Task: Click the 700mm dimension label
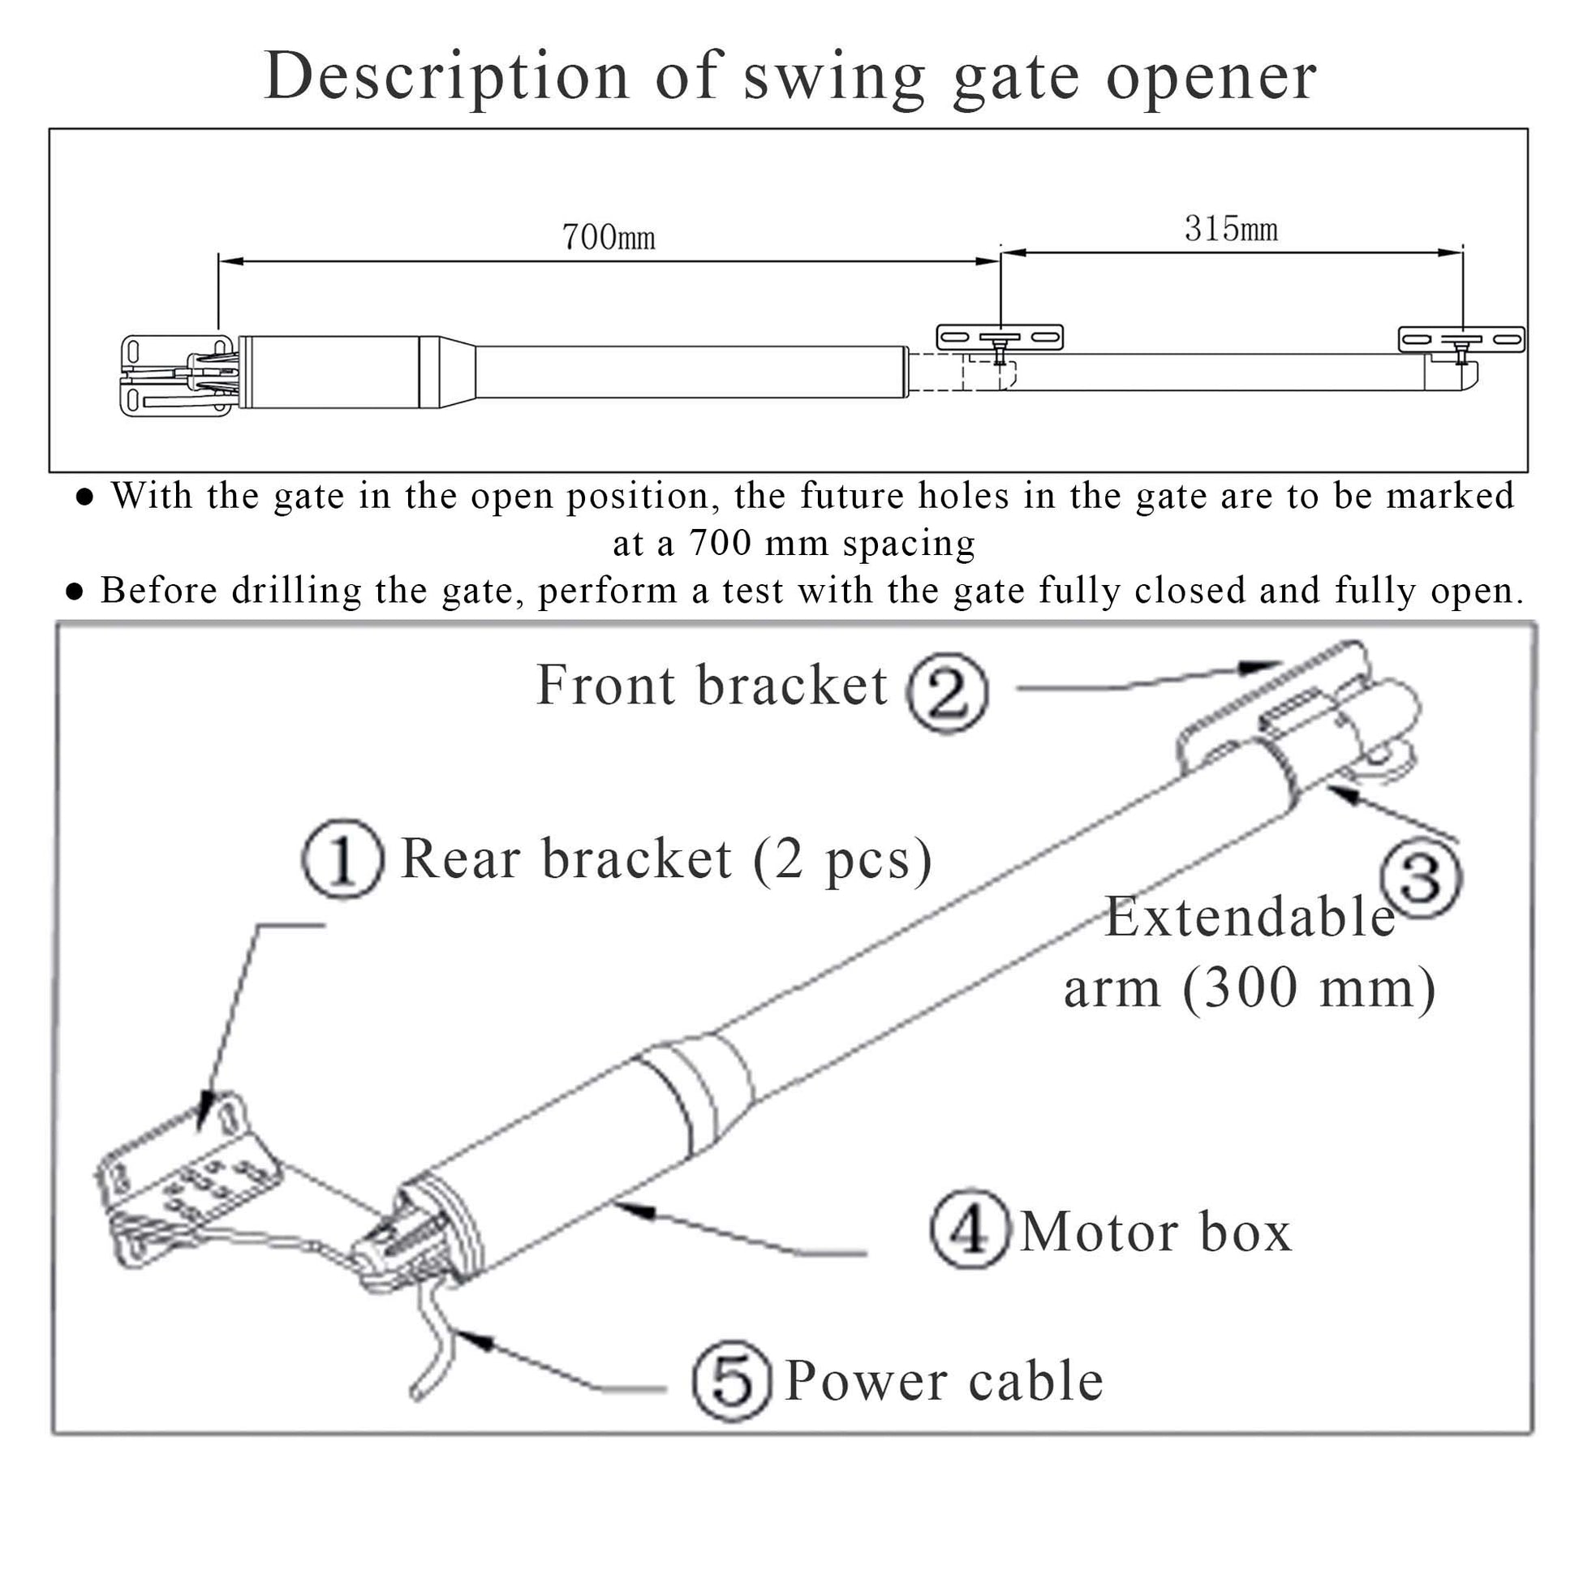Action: tap(608, 237)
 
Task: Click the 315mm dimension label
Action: tap(1231, 229)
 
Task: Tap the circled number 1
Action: tap(342, 859)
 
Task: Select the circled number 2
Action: tap(947, 691)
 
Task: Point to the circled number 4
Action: tap(970, 1228)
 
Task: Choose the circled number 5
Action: tap(731, 1380)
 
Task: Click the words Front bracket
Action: tap(711, 685)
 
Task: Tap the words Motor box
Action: tap(1155, 1231)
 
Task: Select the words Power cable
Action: tap(944, 1380)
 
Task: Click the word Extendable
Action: tap(1250, 917)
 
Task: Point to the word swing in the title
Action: tap(833, 76)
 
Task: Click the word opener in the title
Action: tap(1211, 78)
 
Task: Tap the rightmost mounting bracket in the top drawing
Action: tap(1461, 339)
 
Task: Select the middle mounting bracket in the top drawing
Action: tap(999, 337)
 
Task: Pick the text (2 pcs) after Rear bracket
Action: tap(841, 859)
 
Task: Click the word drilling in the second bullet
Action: tap(296, 591)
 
